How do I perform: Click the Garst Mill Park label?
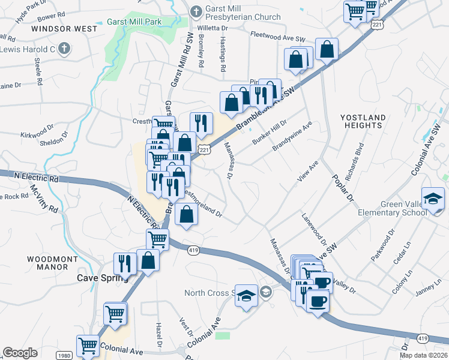[134, 22]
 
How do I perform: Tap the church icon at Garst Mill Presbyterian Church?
[196, 11]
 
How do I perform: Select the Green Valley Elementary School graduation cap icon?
[433, 199]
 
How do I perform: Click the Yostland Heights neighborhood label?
[363, 121]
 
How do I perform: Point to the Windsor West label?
[64, 28]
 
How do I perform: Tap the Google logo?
[20, 353]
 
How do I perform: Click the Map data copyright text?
[424, 355]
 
